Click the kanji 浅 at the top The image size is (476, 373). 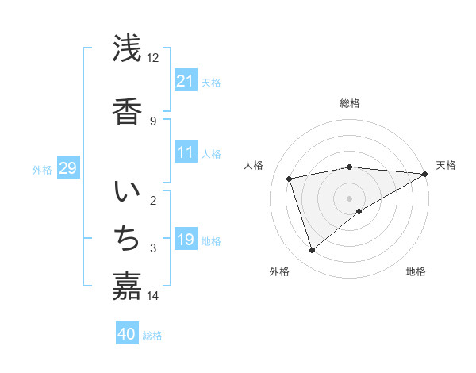(127, 50)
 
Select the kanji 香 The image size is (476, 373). (127, 110)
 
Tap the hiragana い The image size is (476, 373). (127, 193)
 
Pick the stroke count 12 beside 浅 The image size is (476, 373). (153, 58)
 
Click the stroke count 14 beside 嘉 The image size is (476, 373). (153, 296)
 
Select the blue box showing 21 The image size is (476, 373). (186, 81)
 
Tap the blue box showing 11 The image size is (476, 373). (186, 152)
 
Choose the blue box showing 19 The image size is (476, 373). (186, 240)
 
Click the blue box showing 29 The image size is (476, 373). (67, 168)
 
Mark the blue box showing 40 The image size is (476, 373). (127, 335)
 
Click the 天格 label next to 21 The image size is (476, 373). (211, 83)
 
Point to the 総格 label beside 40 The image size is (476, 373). (152, 336)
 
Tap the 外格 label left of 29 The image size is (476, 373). (42, 169)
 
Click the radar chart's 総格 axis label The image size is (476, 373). (350, 103)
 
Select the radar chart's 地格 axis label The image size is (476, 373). (416, 271)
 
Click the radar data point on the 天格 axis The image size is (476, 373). (425, 174)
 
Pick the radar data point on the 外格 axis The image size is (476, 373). (313, 250)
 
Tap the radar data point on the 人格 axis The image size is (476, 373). (290, 179)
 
